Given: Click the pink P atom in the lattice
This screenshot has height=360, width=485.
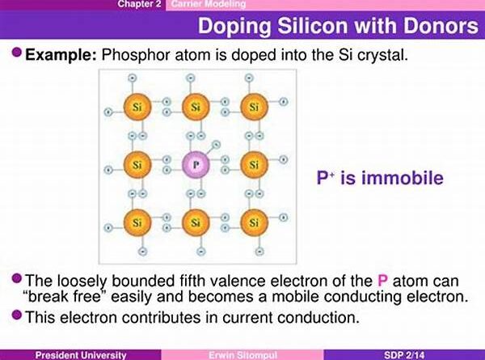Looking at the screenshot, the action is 196,165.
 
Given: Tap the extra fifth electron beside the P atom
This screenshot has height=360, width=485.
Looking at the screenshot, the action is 216,144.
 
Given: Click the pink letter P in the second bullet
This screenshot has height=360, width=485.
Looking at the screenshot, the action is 382,281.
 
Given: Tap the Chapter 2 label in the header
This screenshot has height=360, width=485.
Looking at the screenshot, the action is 140,4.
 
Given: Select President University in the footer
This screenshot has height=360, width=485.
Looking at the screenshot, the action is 81,354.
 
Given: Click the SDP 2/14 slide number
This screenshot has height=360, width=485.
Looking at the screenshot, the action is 404,354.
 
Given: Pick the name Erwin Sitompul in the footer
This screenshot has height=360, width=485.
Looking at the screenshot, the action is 242,354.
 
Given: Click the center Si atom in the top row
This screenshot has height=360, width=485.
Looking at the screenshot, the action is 196,107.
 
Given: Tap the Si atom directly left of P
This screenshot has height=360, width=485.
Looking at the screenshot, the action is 137,165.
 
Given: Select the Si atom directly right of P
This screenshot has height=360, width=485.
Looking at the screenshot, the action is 254,165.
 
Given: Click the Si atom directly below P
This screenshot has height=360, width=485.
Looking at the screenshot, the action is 196,222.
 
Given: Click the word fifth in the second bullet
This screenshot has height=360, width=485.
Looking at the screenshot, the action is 192,281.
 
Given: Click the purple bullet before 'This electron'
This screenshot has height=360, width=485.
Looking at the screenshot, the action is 17,316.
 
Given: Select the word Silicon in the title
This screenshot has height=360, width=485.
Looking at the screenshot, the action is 313,26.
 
